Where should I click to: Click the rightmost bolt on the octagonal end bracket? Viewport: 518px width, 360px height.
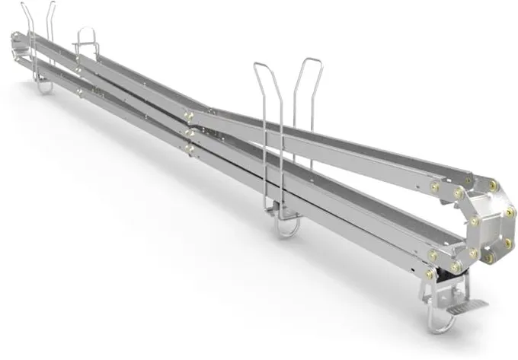(x=509, y=208)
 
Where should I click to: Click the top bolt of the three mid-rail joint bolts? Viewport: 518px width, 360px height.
(x=188, y=115)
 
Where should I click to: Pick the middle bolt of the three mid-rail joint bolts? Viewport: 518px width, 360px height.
(x=189, y=131)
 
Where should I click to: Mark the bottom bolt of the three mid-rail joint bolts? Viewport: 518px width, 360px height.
(x=189, y=145)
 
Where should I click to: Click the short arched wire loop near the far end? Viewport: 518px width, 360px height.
(x=86, y=35)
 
